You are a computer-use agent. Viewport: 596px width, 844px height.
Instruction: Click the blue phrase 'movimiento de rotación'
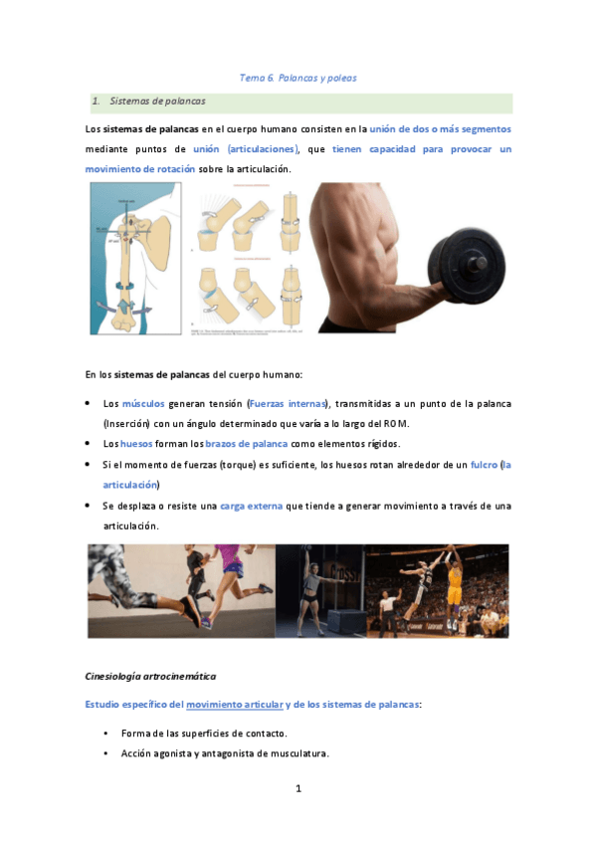point(140,169)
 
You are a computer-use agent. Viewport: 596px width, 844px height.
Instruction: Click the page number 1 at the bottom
point(298,789)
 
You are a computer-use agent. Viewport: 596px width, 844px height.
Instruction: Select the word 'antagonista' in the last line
point(232,753)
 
